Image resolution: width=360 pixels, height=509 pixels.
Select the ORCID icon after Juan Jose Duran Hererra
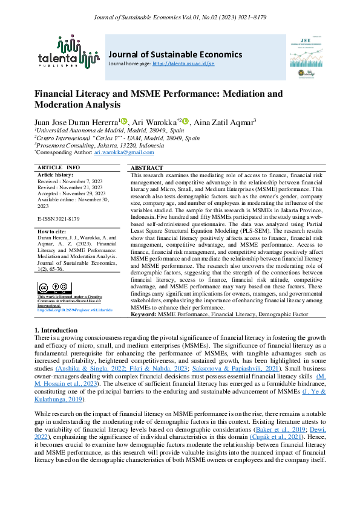(x=124, y=122)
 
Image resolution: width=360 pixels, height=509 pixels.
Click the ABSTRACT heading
(x=146, y=167)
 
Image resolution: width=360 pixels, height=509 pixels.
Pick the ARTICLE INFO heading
(x=59, y=167)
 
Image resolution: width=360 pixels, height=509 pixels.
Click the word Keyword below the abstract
(x=143, y=314)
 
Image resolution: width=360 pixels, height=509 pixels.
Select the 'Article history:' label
(x=55, y=174)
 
